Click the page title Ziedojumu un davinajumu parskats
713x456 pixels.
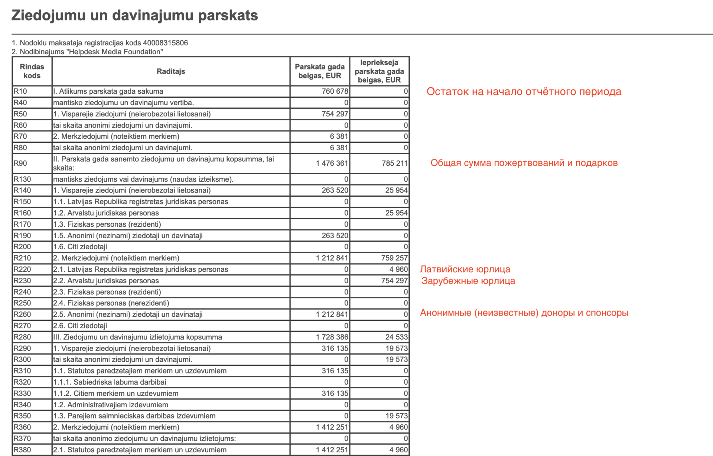point(134,16)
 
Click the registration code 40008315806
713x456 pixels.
point(165,43)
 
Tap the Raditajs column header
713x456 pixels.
point(171,71)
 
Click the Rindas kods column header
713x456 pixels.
point(32,71)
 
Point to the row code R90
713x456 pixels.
point(20,163)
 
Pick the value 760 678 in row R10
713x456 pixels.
point(335,91)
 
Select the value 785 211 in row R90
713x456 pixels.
point(394,163)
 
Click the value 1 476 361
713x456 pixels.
point(332,163)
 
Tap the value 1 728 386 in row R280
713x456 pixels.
point(332,337)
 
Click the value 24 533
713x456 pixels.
point(397,337)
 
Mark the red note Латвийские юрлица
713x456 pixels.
point(465,269)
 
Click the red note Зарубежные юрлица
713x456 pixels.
point(468,281)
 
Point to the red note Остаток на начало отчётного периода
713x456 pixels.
point(524,91)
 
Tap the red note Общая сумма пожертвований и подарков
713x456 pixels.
point(524,163)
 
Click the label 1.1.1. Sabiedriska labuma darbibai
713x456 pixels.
point(110,382)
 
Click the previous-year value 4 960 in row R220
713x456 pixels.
point(398,269)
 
